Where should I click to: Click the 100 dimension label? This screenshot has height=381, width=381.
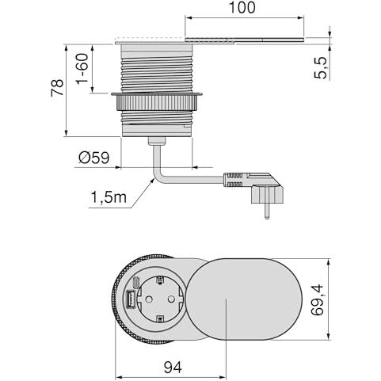[242, 7]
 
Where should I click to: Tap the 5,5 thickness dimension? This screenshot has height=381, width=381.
[320, 68]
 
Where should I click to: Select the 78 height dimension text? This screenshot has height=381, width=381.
[57, 87]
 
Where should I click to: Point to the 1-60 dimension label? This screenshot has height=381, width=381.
[82, 68]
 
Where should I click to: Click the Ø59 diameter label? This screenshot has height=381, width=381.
[94, 158]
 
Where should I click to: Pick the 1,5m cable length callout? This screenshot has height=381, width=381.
[109, 197]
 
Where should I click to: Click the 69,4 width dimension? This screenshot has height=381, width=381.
[317, 299]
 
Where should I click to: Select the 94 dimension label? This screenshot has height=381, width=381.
[173, 368]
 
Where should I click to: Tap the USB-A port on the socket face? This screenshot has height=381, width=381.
[130, 299]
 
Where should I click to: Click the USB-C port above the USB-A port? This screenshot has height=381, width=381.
[136, 283]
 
